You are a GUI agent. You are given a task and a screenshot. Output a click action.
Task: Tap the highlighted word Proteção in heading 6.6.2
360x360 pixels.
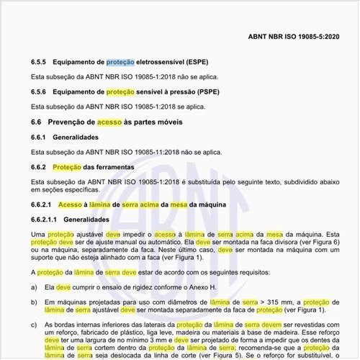[x=68, y=167]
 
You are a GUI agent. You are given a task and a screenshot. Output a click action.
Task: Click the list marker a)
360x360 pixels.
[x=35, y=287]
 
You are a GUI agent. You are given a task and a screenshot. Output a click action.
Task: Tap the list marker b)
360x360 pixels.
[x=35, y=301]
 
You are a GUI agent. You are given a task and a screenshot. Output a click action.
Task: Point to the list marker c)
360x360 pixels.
[x=35, y=325]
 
